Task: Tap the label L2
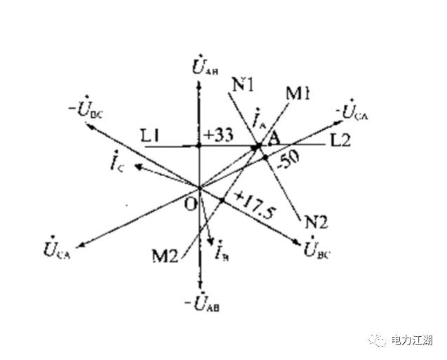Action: coord(340,141)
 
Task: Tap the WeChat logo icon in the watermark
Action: coord(379,340)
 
